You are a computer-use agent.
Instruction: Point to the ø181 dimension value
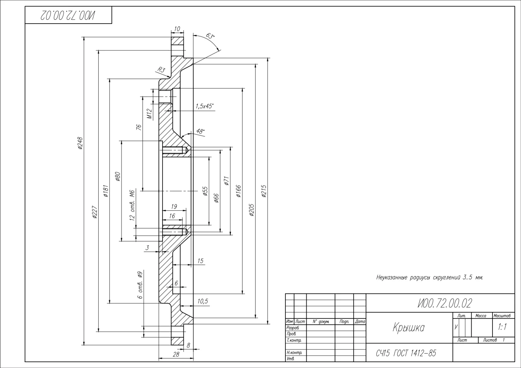106,191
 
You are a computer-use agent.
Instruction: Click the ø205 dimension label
252,210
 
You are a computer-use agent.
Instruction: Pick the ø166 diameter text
239,191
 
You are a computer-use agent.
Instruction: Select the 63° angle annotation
210,36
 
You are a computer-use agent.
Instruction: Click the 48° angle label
200,131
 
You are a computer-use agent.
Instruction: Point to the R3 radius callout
161,70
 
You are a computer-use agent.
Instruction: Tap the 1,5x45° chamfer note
204,106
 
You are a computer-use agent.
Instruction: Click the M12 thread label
149,114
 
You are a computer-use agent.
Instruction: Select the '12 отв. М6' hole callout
133,205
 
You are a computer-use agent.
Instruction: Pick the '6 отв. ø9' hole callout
140,285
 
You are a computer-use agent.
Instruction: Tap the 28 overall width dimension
176,354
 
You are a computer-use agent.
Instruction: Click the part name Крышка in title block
408,327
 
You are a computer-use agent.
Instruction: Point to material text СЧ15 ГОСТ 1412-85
406,353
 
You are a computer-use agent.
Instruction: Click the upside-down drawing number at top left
68,16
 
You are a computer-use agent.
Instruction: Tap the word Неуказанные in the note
392,278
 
